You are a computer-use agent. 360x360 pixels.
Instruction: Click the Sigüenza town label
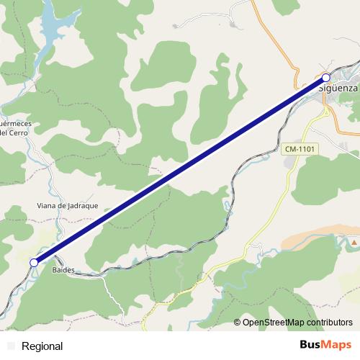pos(338,88)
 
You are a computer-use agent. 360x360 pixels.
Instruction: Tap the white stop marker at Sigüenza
pos(326,77)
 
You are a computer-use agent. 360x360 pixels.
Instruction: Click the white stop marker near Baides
pos(34,263)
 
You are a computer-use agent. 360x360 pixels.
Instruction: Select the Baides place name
pos(63,270)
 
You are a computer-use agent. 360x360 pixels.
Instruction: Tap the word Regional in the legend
pos(42,346)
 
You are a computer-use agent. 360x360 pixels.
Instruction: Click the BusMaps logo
pos(326,346)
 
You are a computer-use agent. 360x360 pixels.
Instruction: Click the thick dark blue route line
pos(180,170)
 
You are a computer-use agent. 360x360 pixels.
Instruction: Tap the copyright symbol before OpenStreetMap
pos(238,323)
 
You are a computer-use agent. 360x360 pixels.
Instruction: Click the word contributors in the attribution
pos(328,323)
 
